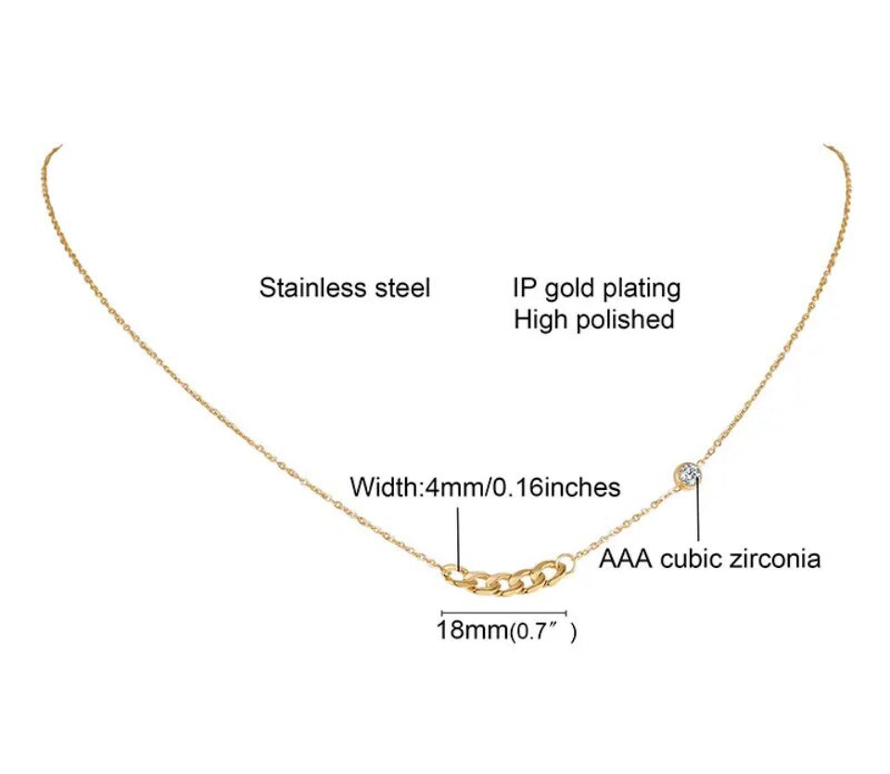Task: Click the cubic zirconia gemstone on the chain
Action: tap(688, 474)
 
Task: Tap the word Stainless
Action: tap(312, 288)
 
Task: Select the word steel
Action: tap(402, 288)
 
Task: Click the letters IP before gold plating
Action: tap(525, 288)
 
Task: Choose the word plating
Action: tap(642, 290)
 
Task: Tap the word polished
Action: tap(625, 320)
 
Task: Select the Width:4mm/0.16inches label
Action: tap(485, 487)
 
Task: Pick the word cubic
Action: tap(690, 560)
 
